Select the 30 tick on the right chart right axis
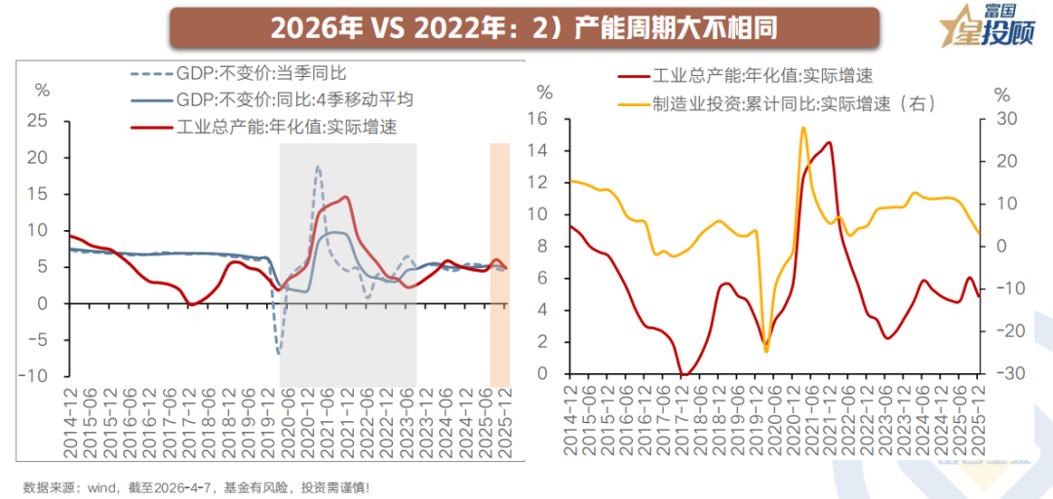tap(1004, 119)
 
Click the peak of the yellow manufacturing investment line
tap(803, 128)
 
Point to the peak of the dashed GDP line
tap(318, 167)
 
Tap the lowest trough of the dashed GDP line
tap(278, 352)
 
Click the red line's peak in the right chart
tap(830, 143)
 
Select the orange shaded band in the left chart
tap(499, 263)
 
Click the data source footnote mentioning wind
tap(195, 486)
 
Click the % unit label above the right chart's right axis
tap(1001, 94)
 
